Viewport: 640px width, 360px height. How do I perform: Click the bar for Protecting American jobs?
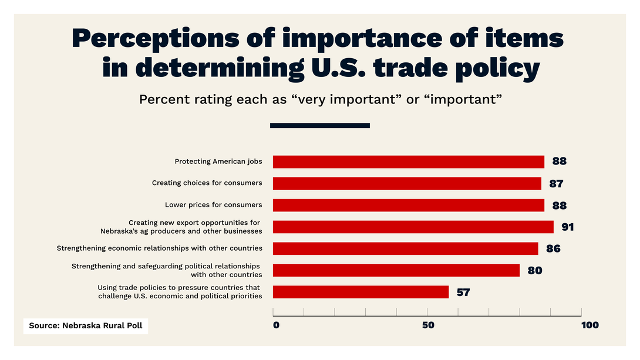click(408, 162)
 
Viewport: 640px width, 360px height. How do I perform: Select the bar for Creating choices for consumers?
click(407, 183)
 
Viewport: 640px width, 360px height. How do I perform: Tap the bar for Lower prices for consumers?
click(408, 205)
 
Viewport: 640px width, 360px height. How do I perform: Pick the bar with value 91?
click(413, 227)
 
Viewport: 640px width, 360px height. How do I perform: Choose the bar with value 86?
click(405, 248)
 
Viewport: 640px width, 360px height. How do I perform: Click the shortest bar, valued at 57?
click(361, 292)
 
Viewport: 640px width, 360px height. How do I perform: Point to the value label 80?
click(534, 271)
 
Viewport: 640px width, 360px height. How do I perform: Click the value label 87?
click(556, 184)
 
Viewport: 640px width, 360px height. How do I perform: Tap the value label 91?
click(567, 227)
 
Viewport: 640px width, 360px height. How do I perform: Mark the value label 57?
click(463, 292)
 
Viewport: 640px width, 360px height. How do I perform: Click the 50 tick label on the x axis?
click(427, 325)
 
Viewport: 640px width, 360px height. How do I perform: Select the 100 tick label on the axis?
click(589, 325)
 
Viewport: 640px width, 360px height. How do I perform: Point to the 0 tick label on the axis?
click(276, 325)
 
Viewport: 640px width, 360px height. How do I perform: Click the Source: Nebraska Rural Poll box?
click(86, 325)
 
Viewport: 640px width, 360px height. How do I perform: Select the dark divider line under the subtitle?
click(319, 125)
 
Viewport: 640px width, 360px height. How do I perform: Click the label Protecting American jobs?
click(218, 162)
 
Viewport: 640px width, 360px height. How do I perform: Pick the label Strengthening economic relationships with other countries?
click(159, 248)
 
